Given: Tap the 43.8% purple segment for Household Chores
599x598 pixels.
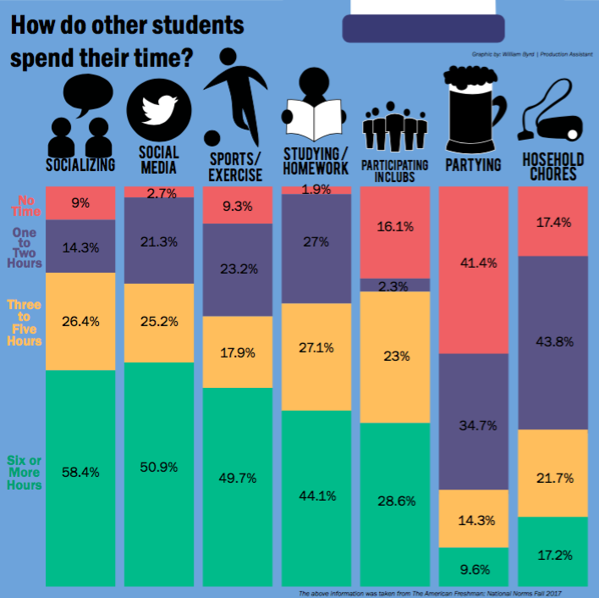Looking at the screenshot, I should pyautogui.click(x=552, y=342).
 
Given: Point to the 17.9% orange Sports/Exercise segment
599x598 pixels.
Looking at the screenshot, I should pyautogui.click(x=238, y=352).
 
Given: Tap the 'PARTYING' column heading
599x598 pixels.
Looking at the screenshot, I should pyautogui.click(x=473, y=164).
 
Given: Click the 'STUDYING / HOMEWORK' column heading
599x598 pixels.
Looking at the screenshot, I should pyautogui.click(x=316, y=161).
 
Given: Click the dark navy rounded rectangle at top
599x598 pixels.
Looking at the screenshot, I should pyautogui.click(x=424, y=29).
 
